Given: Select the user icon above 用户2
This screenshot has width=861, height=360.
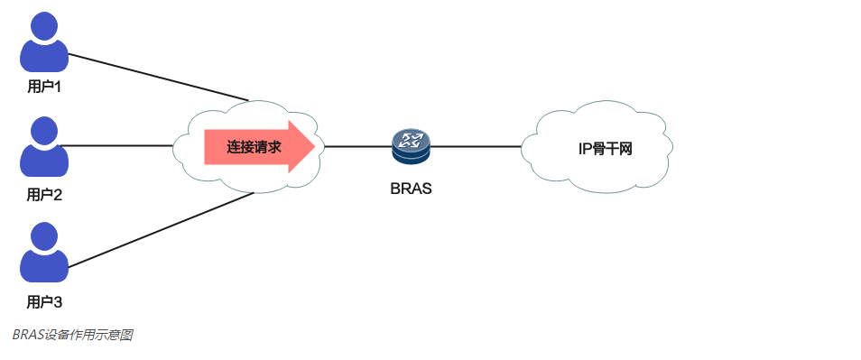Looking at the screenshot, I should pyautogui.click(x=44, y=148).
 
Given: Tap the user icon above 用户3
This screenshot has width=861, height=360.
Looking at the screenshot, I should pyautogui.click(x=44, y=254).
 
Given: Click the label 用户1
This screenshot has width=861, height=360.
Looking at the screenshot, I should pyautogui.click(x=44, y=88).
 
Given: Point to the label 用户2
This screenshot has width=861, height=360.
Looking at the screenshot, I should pyautogui.click(x=44, y=194).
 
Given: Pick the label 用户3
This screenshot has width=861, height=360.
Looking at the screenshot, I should pyautogui.click(x=44, y=300).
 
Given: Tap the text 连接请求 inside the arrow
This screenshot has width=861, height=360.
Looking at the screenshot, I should pyautogui.click(x=254, y=145).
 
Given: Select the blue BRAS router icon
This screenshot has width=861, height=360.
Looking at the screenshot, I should pyautogui.click(x=412, y=146).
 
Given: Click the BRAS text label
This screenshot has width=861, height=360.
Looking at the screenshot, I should pyautogui.click(x=412, y=189).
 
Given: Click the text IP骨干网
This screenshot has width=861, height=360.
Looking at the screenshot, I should pyautogui.click(x=605, y=148).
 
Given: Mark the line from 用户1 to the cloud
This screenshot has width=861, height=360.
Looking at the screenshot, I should pyautogui.click(x=158, y=77).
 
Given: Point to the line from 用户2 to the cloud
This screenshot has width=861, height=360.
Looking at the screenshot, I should pyautogui.click(x=117, y=144).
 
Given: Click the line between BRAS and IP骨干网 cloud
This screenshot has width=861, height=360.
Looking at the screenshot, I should pyautogui.click(x=477, y=145).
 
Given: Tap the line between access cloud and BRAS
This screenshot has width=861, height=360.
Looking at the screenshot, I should pyautogui.click(x=357, y=145).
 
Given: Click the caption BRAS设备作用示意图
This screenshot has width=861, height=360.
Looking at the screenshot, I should pyautogui.click(x=73, y=334).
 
